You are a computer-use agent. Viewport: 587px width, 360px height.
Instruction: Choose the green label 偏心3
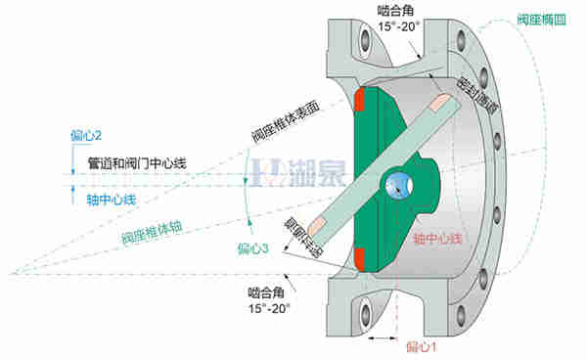252,248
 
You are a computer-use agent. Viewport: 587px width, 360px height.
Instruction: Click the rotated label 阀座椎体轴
152,229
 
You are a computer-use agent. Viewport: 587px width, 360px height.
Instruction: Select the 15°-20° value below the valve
270,306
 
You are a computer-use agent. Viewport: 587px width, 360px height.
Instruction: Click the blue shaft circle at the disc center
398,182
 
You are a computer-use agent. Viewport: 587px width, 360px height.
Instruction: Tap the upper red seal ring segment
360,100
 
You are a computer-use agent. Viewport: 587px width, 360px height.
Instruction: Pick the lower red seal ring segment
360,258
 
